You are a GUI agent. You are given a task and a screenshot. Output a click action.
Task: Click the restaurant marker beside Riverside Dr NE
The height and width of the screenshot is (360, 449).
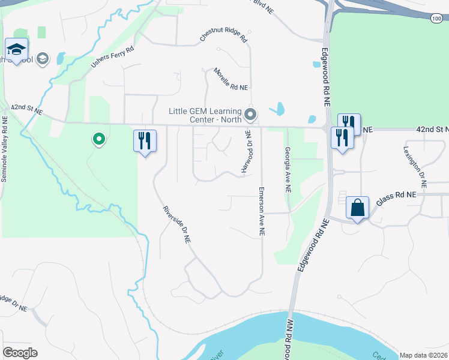145,141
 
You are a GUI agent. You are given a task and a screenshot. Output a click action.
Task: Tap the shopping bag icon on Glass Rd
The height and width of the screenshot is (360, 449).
357,208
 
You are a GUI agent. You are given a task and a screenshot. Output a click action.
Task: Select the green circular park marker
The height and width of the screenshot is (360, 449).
98,139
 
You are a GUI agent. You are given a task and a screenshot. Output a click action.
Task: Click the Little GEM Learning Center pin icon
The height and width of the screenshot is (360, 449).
251,113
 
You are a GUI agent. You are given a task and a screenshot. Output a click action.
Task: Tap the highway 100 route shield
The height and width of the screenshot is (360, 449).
436,19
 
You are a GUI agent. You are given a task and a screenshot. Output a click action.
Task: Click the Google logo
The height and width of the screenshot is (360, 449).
20,353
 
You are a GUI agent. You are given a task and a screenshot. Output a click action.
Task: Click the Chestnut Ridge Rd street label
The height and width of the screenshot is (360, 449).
223,37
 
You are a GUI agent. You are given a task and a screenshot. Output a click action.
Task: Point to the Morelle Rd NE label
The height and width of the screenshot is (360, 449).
231,79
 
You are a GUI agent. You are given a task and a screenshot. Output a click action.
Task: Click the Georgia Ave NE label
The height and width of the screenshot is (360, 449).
288,169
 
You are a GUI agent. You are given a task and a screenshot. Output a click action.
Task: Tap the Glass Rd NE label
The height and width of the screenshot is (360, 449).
396,200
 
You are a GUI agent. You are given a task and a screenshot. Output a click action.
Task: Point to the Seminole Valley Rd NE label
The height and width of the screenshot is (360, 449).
4,152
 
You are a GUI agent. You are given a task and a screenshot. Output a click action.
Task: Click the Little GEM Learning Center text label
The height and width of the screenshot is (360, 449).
205,115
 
